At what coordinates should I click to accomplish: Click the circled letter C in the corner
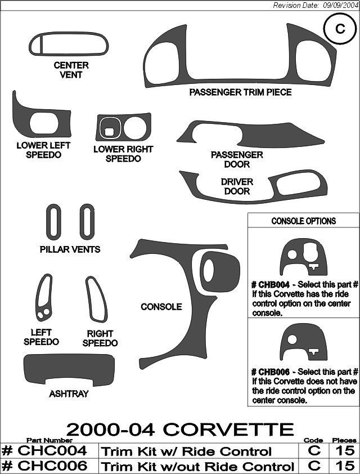coord(340,29)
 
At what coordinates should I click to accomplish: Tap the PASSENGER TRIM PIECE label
coord(240,92)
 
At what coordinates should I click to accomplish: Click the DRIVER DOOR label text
coord(237,186)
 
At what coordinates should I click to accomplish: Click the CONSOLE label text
coord(161,307)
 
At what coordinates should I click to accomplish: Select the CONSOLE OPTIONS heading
coord(304,221)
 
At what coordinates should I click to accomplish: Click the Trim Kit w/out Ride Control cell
coord(199,466)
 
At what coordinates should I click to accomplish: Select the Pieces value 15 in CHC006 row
coord(345,466)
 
